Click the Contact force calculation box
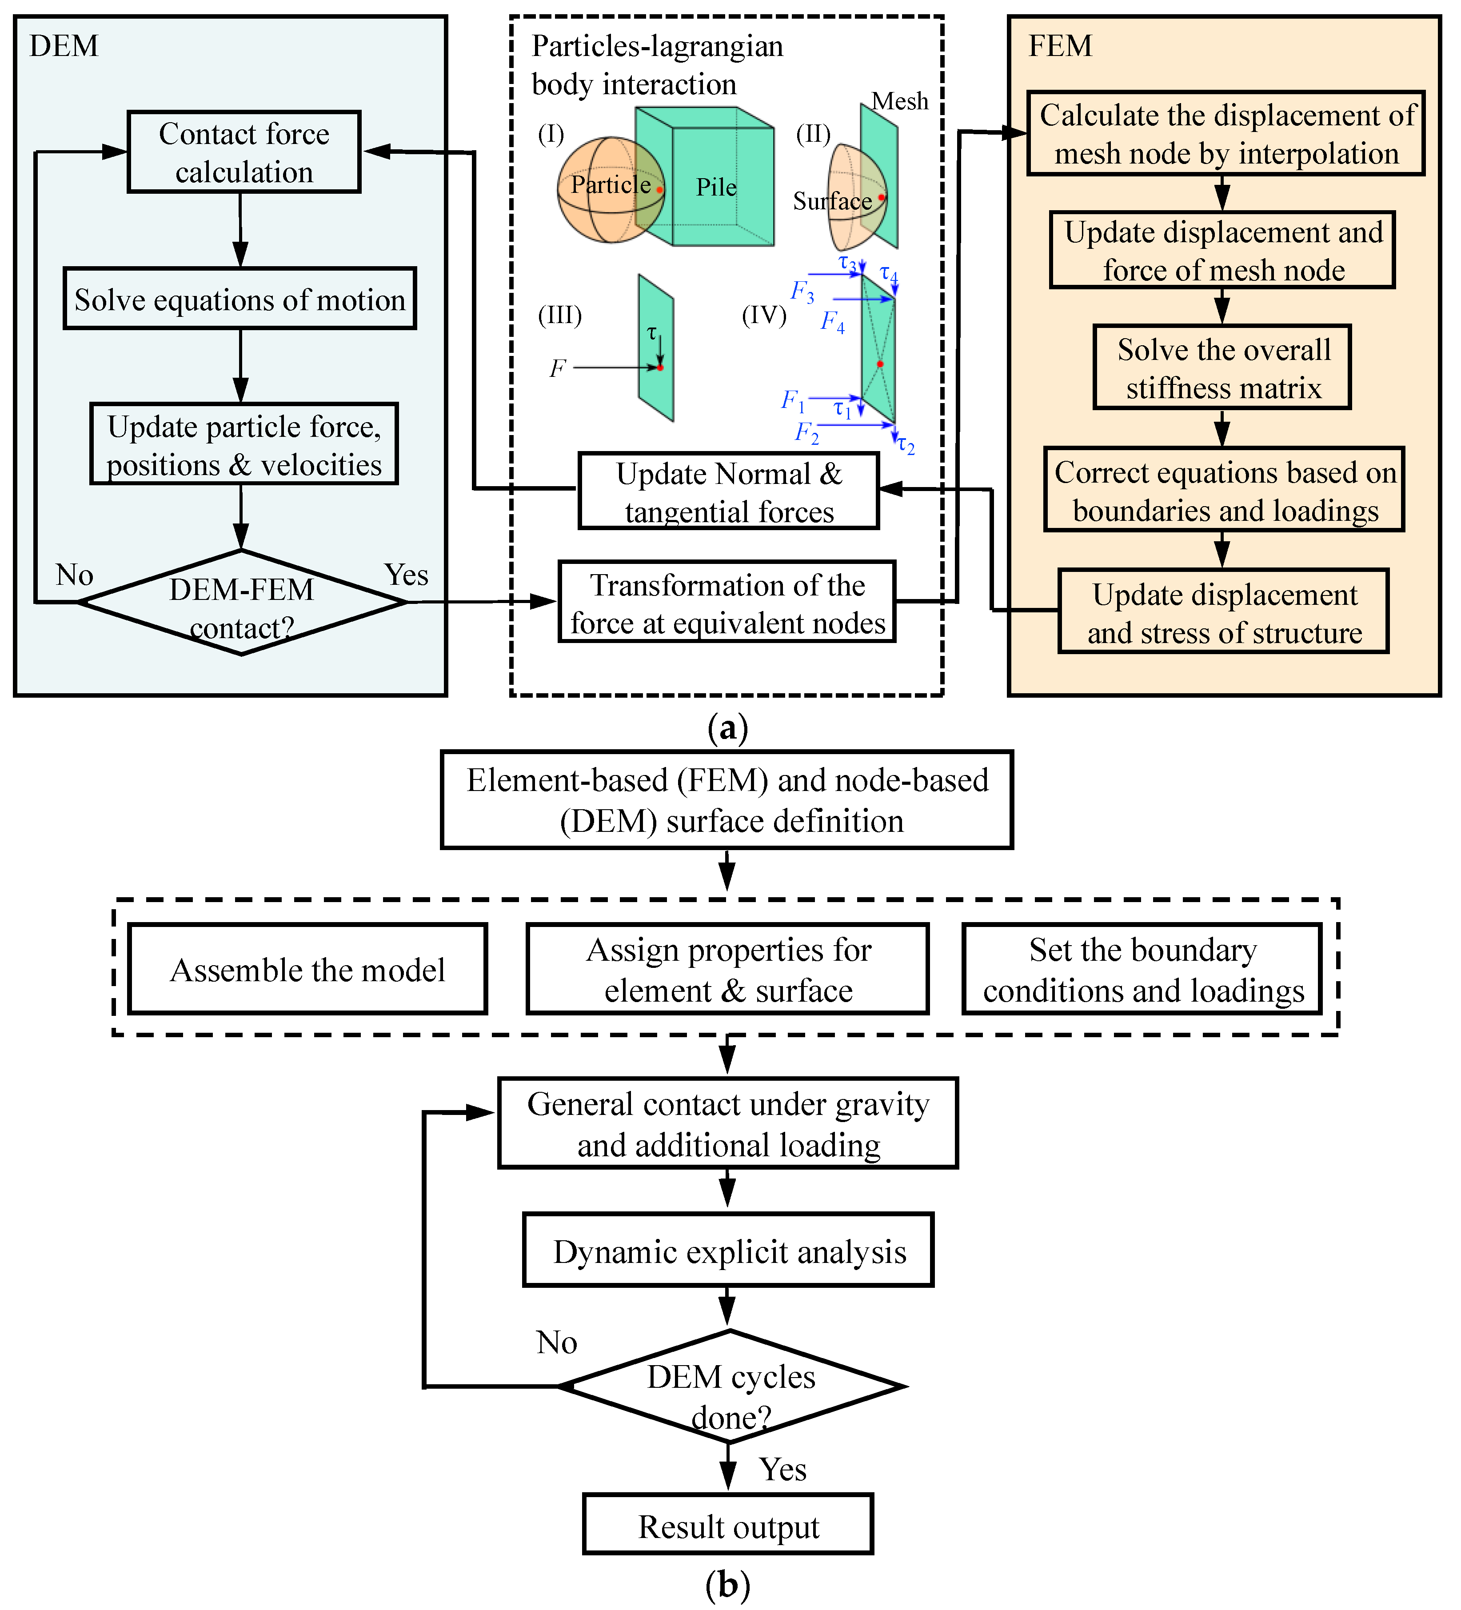point(244,152)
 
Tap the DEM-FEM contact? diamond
point(241,603)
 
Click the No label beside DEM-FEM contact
point(74,575)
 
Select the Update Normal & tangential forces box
point(728,491)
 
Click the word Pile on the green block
point(716,188)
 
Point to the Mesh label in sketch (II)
point(900,101)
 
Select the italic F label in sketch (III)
point(557,368)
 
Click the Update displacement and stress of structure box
point(1223,612)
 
